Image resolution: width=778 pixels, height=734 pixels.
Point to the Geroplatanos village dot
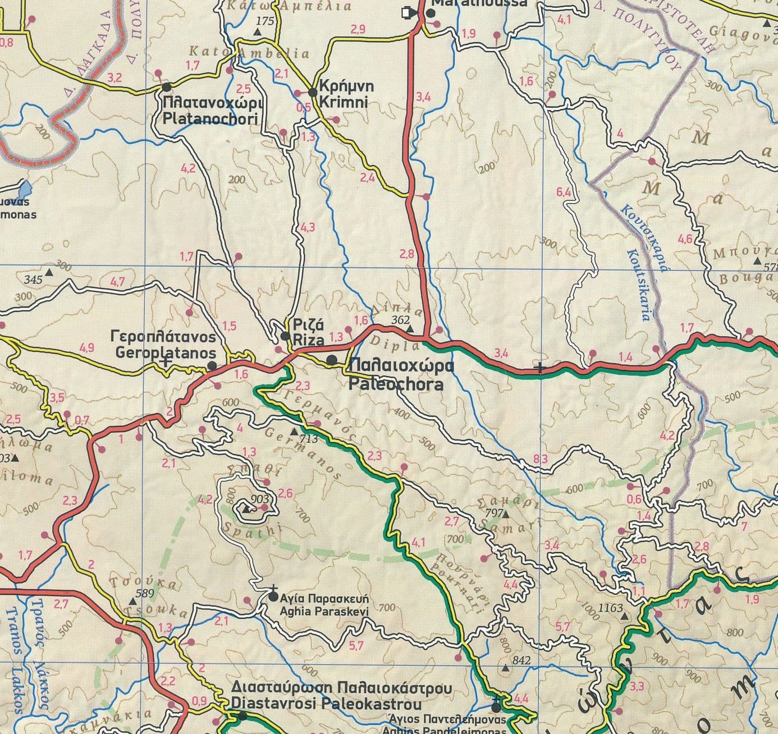pyautogui.click(x=212, y=366)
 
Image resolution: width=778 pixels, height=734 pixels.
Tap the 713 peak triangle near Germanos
pyautogui.click(x=295, y=432)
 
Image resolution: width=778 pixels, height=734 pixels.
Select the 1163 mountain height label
pyautogui.click(x=611, y=608)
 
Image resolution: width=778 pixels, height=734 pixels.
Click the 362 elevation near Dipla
pyautogui.click(x=401, y=320)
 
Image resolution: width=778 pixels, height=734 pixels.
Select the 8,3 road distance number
pyautogui.click(x=540, y=460)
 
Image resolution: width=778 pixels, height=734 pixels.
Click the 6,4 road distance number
pyautogui.click(x=564, y=192)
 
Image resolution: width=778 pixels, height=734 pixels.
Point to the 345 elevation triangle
pyautogui.click(x=49, y=273)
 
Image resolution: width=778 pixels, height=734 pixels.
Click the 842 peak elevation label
pyautogui.click(x=521, y=661)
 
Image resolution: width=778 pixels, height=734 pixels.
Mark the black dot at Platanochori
pyautogui.click(x=166, y=88)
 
